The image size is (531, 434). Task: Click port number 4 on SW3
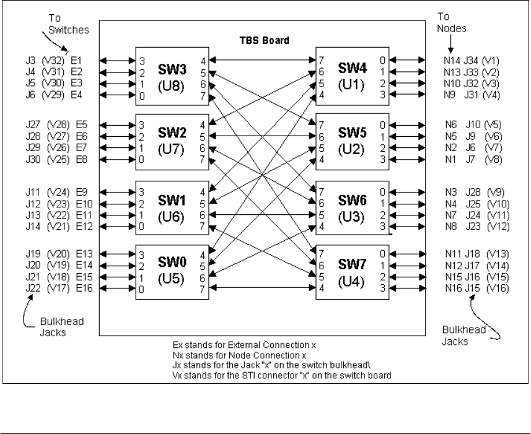203,61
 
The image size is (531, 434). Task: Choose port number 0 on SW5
383,124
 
